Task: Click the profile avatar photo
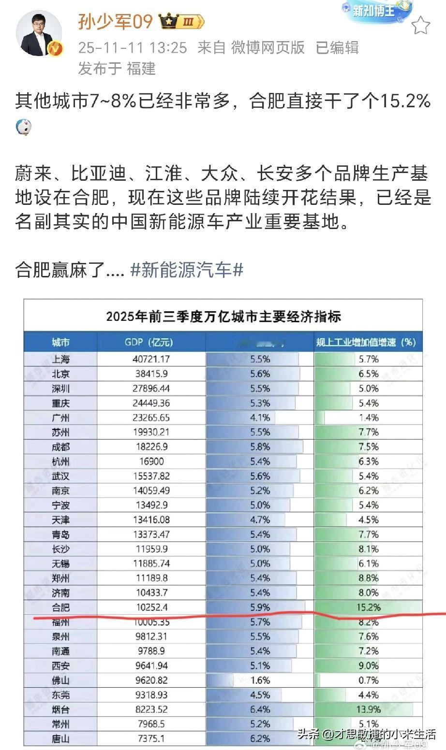[39, 33]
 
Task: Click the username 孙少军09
[115, 21]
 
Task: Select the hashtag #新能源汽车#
[187, 270]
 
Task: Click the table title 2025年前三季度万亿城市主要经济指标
[223, 317]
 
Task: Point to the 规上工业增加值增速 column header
[366, 342]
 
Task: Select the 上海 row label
[61, 359]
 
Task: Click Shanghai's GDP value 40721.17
[151, 359]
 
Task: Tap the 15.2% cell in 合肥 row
[368, 607]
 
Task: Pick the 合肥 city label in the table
[61, 607]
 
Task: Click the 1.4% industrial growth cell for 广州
[368, 418]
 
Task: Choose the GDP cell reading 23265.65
[151, 418]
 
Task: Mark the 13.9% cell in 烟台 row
[368, 709]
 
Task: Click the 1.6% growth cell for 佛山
[260, 680]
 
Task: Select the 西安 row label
[61, 666]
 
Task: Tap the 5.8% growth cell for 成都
[260, 447]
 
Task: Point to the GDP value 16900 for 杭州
[151, 462]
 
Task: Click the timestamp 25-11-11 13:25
[133, 47]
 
